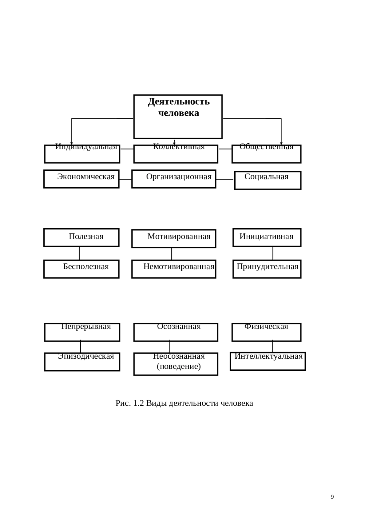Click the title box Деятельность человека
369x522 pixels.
tap(178, 117)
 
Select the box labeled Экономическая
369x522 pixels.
tap(81, 179)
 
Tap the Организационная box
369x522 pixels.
tap(174, 179)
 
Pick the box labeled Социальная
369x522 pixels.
tap(268, 180)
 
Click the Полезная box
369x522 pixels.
tap(81, 237)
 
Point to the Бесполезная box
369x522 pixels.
tap(81, 269)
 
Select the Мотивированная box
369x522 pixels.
tap(174, 238)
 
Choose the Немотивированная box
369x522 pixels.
tap(174, 269)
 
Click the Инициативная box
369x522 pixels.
tap(267, 237)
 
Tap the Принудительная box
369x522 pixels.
tap(267, 269)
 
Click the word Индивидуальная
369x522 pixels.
tap(86, 147)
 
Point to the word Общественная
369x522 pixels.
tap(266, 147)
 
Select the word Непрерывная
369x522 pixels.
tap(86, 326)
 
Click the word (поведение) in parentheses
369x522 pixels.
tap(179, 366)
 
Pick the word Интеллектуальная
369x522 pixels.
tap(268, 356)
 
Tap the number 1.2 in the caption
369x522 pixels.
tap(138, 403)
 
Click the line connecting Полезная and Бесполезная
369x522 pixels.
tap(79, 253)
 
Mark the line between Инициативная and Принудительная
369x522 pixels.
tap(273, 253)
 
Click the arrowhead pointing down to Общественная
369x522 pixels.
tap(281, 144)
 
